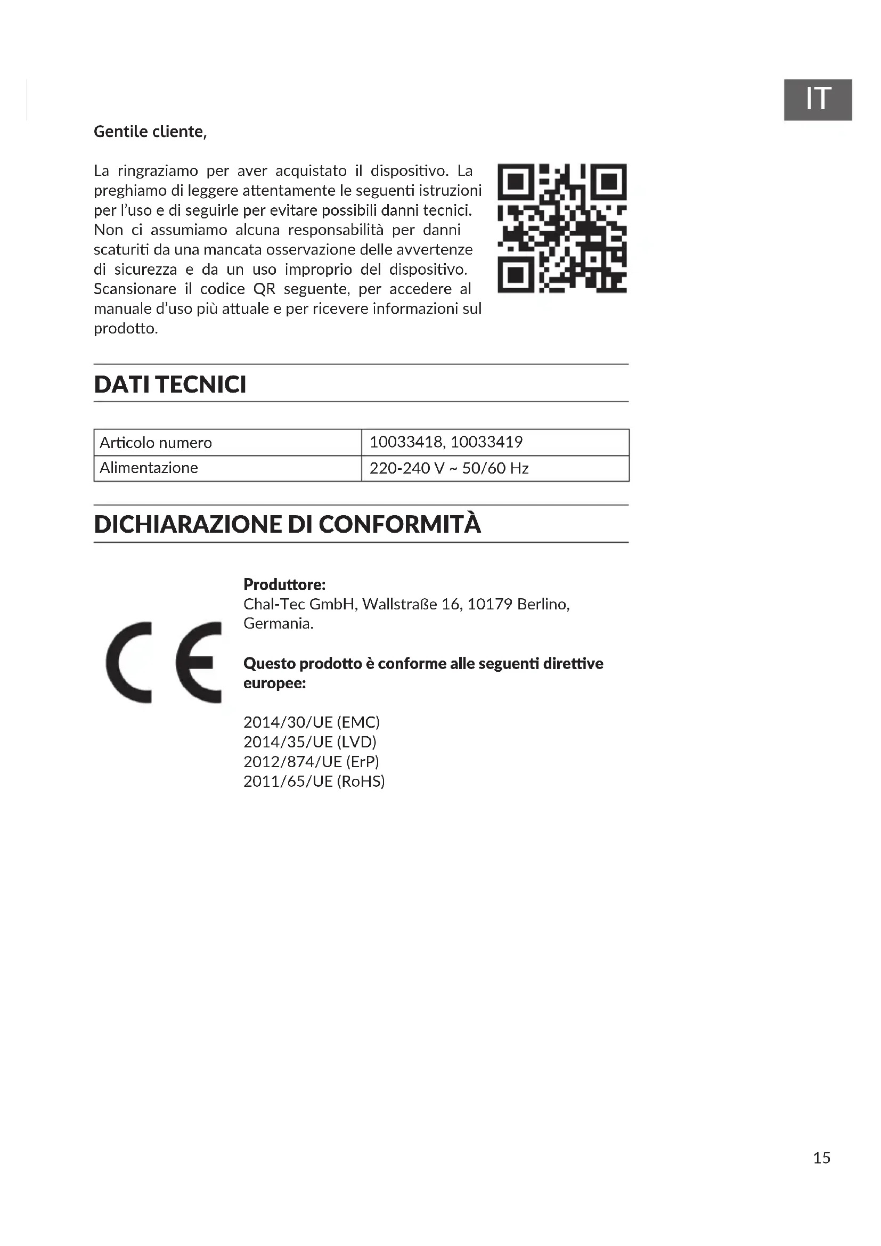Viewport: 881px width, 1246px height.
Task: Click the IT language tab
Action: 818,99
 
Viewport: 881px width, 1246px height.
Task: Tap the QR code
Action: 562,228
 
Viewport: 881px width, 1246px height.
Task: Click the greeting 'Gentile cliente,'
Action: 150,132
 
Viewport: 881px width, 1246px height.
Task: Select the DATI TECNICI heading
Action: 170,384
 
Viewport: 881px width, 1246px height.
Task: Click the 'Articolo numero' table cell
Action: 156,443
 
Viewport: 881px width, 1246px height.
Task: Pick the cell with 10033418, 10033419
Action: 446,442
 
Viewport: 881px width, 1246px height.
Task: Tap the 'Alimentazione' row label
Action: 149,468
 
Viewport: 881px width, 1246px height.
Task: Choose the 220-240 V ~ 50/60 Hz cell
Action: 448,468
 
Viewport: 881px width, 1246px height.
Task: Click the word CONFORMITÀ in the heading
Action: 399,524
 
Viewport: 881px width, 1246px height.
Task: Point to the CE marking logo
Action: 164,662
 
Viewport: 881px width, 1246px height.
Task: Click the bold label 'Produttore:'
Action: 284,584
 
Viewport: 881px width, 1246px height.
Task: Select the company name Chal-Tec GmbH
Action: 299,604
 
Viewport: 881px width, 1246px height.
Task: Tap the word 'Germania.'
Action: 278,624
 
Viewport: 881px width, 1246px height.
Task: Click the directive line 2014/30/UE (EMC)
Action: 312,722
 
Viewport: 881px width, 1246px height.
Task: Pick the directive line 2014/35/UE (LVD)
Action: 310,742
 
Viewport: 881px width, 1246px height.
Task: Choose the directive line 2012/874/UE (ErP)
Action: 311,762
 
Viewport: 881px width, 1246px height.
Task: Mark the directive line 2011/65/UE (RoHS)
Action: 314,781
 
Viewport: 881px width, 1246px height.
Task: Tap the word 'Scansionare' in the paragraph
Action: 135,289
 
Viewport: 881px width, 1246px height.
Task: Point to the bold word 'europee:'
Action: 274,683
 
